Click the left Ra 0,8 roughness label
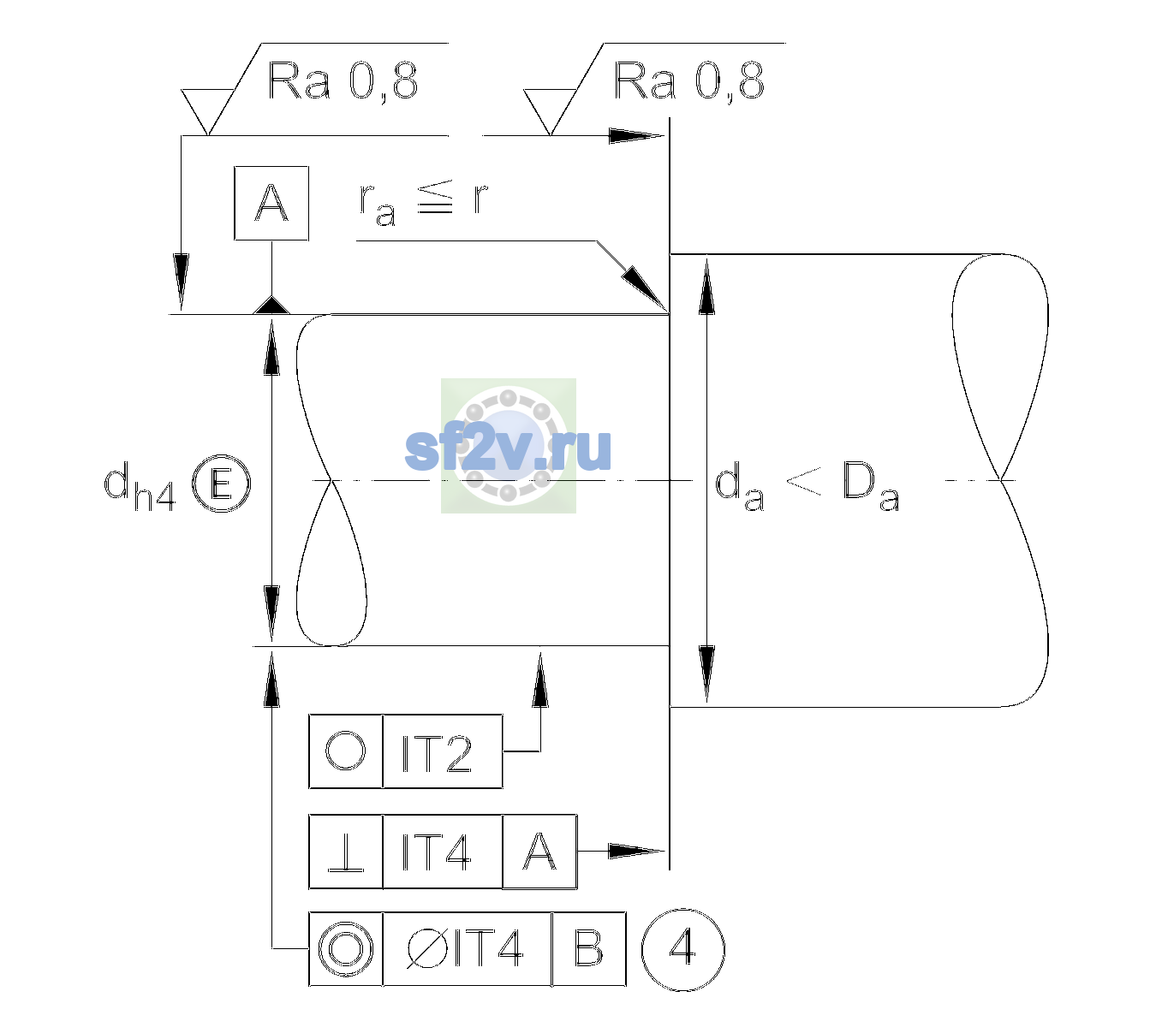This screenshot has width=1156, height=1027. pos(343,81)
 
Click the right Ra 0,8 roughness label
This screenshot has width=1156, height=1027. pos(688,81)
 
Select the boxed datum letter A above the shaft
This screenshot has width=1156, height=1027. pos(271,204)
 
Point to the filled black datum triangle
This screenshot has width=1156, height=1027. pos(271,305)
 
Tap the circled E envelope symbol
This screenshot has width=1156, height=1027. pos(222,484)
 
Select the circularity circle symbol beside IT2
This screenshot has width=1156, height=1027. pos(345,751)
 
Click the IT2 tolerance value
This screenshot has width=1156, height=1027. pos(437,753)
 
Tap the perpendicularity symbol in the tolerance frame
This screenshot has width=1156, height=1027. pos(346,852)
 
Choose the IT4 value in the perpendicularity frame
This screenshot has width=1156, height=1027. pos(437,852)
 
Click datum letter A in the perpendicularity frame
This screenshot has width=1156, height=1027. pos(539,852)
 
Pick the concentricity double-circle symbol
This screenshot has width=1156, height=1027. pos(346,950)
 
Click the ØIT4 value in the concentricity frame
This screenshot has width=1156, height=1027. pos(465,949)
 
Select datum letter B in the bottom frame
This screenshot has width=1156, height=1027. pos(589,949)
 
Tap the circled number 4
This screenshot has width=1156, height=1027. pos(683,950)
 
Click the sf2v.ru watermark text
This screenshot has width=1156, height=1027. pos(508,449)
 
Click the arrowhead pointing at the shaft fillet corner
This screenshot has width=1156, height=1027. pos(645,289)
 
